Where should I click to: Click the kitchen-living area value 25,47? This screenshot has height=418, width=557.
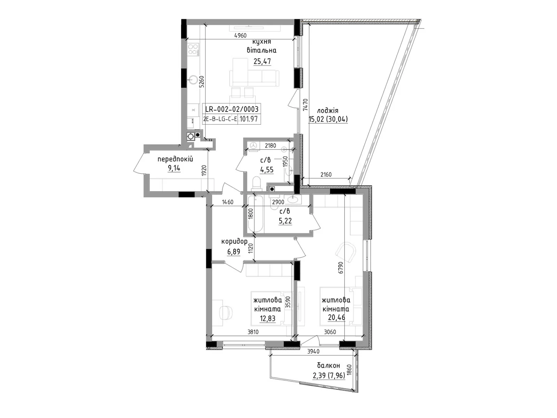click(x=262, y=61)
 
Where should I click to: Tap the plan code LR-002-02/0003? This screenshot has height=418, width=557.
click(x=232, y=109)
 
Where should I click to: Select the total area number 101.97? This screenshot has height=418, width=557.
click(x=249, y=119)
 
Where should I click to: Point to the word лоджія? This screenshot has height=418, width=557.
click(x=327, y=111)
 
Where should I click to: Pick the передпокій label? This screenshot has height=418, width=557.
click(x=175, y=160)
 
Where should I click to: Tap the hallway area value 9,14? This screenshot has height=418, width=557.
click(x=174, y=168)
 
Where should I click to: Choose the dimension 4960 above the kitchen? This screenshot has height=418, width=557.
click(x=240, y=36)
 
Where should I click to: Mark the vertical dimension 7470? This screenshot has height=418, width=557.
click(x=305, y=104)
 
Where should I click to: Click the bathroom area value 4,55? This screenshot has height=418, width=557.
click(x=267, y=169)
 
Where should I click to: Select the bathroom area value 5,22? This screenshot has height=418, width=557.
click(x=285, y=220)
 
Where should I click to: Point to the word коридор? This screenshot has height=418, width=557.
click(x=234, y=241)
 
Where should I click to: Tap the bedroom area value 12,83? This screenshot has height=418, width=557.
click(x=267, y=318)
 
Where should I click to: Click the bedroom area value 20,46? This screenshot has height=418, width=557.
click(x=337, y=317)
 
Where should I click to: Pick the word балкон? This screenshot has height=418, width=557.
click(x=328, y=365)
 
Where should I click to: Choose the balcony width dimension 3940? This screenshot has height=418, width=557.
click(x=313, y=351)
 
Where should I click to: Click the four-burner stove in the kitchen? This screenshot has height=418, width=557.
click(x=193, y=49)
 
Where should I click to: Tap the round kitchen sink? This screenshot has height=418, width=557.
click(x=193, y=80)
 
